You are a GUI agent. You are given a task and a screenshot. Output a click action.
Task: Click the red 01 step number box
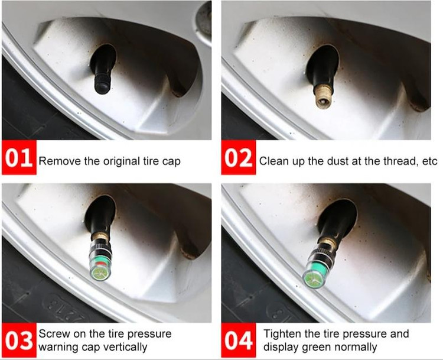(19, 157)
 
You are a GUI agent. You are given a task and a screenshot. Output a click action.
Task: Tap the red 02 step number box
(239, 157)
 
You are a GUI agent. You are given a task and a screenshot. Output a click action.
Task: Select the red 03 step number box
(19, 340)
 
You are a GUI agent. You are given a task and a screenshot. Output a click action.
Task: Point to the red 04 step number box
(239, 340)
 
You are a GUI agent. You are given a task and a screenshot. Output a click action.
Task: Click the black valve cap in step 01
(102, 83)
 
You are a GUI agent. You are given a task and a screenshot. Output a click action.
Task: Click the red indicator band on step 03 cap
(99, 264)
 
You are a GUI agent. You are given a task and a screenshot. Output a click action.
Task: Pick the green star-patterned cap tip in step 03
(100, 274)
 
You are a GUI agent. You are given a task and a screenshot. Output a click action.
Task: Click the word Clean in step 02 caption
(272, 161)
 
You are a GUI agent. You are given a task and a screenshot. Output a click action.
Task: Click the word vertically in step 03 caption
(124, 347)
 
